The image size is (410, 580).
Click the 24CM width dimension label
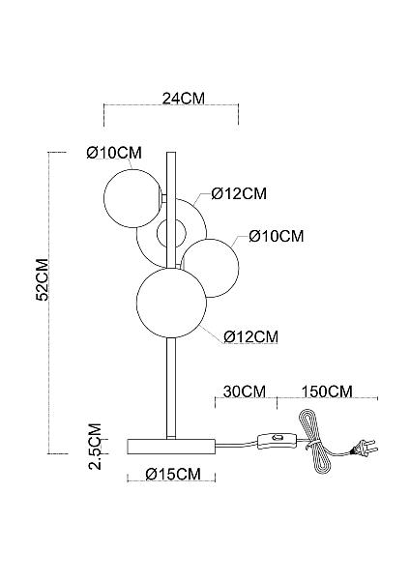(x=183, y=99)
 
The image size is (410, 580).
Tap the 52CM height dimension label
(x=43, y=279)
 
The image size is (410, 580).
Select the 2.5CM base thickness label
(x=96, y=446)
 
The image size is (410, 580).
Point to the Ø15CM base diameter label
(x=173, y=474)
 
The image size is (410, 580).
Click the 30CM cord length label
(x=245, y=391)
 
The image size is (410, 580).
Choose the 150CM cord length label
(x=327, y=391)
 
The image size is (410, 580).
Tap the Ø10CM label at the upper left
(x=114, y=153)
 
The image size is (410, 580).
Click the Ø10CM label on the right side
(x=277, y=236)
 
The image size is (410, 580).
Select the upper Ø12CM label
(x=239, y=194)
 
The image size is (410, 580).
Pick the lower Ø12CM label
(x=250, y=336)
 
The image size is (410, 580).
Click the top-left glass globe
(x=132, y=198)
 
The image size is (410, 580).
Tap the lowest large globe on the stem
(x=171, y=303)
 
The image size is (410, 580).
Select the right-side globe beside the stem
(x=210, y=268)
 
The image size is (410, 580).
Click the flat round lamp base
(x=171, y=447)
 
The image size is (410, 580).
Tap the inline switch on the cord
(x=277, y=440)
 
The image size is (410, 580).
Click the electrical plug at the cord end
(x=365, y=448)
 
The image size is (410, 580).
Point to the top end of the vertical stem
(x=171, y=153)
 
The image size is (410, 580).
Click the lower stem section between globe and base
(x=171, y=389)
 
